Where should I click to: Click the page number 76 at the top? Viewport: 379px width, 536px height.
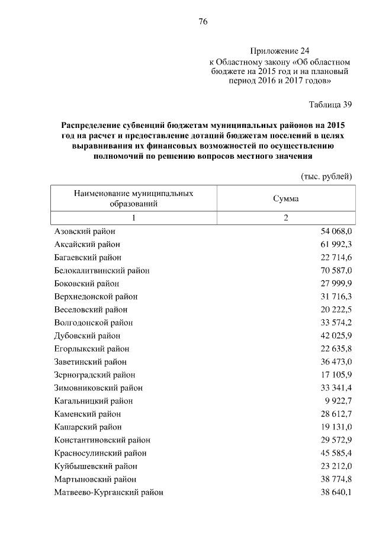tap(202, 22)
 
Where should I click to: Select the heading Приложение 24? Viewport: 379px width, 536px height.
tap(280, 51)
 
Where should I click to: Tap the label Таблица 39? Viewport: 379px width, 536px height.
tap(330, 105)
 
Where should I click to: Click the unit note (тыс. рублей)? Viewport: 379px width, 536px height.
tap(327, 176)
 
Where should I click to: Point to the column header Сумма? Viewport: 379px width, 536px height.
tap(285, 198)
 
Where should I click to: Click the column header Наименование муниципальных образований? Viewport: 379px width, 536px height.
tap(133, 198)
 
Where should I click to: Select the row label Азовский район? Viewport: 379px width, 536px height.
tap(85, 232)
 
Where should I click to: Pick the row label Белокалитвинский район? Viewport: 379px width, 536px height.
tap(101, 271)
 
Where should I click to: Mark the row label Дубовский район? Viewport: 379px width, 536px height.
tap(87, 336)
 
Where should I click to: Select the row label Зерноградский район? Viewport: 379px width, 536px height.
tap(94, 375)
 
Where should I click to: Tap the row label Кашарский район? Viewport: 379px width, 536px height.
tap(88, 427)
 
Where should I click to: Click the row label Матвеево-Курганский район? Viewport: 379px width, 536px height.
tap(108, 492)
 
